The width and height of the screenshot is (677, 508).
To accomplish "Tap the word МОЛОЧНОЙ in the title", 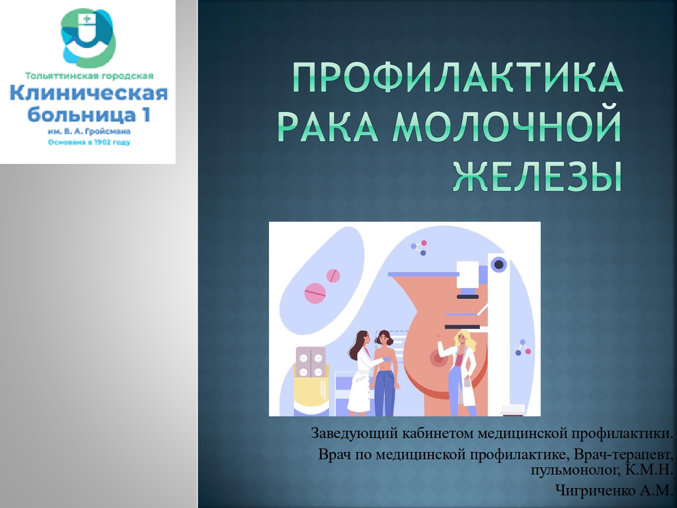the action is [x=507, y=127].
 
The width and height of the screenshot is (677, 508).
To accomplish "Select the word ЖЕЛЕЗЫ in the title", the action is [x=537, y=177].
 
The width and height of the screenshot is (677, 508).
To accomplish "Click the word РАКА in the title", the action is [x=328, y=127].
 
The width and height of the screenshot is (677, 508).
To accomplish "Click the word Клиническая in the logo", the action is [x=89, y=93].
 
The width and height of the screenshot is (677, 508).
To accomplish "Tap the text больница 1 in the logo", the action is [x=89, y=114].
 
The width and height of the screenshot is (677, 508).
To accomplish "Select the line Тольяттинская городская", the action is [x=89, y=76].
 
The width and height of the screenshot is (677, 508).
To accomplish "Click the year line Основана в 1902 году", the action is [x=89, y=142].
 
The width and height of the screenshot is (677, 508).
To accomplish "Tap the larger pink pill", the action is [x=315, y=293].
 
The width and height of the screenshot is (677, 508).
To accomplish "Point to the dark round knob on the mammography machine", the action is [x=499, y=264].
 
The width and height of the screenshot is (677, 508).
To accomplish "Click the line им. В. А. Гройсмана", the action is [x=89, y=131].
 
